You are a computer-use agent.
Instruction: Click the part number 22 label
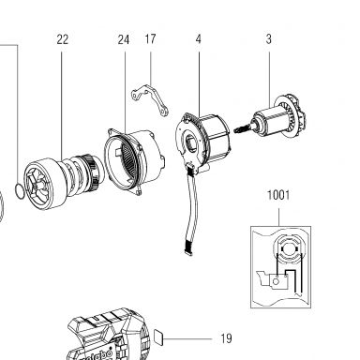62,39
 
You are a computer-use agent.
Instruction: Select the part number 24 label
124,39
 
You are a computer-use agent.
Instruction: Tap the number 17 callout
150,39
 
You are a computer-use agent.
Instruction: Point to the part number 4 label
199,39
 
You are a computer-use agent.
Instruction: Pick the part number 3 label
269,39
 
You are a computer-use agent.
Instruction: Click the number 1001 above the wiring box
278,195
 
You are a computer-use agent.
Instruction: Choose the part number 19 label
226,338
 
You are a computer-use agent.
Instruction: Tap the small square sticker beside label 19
159,338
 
